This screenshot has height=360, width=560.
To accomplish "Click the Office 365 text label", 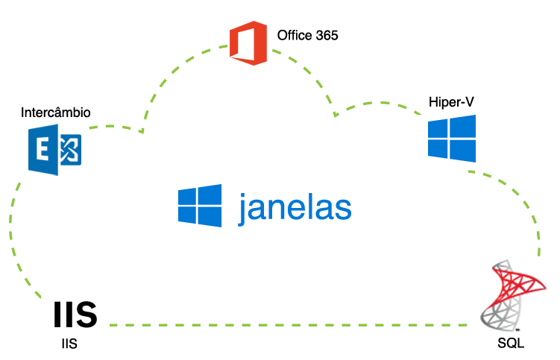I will (x=307, y=35).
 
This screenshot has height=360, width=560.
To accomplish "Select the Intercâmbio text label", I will (x=56, y=113).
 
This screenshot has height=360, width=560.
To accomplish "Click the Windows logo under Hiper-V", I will (x=452, y=138).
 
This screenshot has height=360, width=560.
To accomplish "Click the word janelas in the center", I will (x=295, y=208).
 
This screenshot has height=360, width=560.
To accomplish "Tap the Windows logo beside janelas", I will (x=201, y=205).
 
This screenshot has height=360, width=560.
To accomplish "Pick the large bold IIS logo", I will (x=75, y=316).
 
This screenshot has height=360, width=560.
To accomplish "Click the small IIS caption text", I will (x=69, y=344).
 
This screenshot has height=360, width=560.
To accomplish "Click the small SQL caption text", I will (x=511, y=344).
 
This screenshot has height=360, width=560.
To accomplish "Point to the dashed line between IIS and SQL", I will (x=291, y=325).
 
